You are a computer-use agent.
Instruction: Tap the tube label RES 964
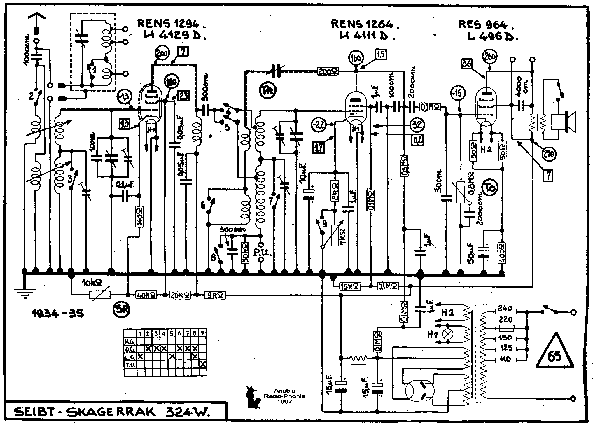(x=486, y=24)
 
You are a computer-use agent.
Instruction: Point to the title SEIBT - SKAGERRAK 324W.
(x=112, y=412)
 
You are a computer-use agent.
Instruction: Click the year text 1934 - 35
(x=57, y=313)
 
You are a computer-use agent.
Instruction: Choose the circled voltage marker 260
(x=490, y=57)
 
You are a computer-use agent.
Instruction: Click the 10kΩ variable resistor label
(x=92, y=283)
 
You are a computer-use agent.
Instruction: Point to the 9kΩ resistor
(x=215, y=295)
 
